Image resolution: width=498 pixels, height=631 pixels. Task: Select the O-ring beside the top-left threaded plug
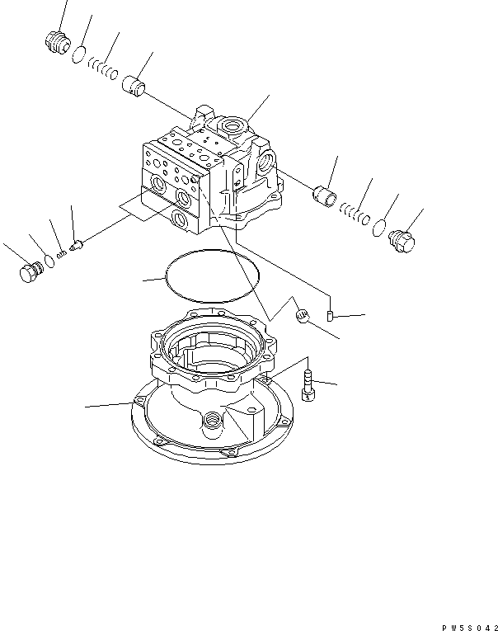(78, 54)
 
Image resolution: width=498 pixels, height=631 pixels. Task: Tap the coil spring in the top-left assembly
(100, 68)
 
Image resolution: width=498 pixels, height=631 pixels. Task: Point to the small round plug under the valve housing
(302, 315)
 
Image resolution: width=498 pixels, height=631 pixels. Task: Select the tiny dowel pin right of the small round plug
(329, 315)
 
